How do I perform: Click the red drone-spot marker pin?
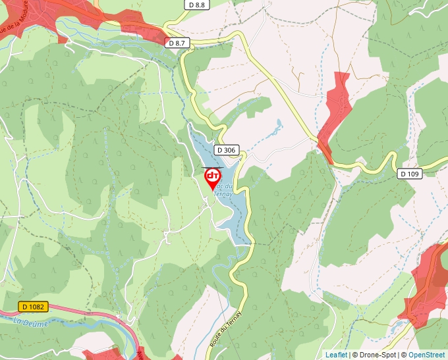point(213,178)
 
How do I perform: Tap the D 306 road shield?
point(225,150)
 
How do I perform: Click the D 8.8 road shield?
point(196,5)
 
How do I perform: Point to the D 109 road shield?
point(409,174)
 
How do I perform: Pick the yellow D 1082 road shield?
point(32,307)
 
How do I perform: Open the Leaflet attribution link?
point(336,355)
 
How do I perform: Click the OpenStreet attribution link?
point(426,355)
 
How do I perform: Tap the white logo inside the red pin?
point(213,176)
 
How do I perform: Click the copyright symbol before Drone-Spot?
point(354,355)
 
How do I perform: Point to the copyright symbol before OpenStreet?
point(405,355)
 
